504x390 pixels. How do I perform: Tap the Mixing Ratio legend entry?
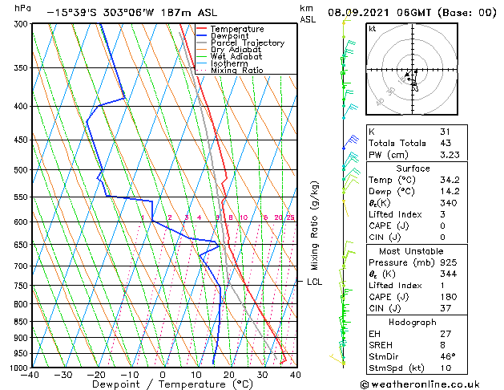(x=236, y=71)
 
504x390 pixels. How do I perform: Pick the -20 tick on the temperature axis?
(x=96, y=375)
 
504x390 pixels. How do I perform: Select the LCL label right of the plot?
(x=314, y=282)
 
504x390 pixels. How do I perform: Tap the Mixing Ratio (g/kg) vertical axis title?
(x=315, y=225)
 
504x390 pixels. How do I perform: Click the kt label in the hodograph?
(x=373, y=28)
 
